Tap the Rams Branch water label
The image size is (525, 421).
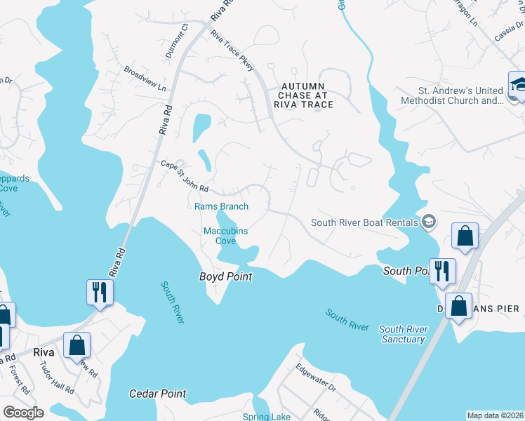(221, 206)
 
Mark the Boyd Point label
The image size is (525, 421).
(225, 277)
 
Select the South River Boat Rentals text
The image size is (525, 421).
(364, 223)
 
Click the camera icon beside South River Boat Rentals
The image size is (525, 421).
(428, 223)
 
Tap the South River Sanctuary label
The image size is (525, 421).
(401, 334)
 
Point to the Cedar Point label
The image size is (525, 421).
(158, 394)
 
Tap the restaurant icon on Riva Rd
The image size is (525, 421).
(99, 291)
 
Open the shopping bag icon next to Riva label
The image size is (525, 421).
(77, 345)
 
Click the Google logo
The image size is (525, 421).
(23, 413)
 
